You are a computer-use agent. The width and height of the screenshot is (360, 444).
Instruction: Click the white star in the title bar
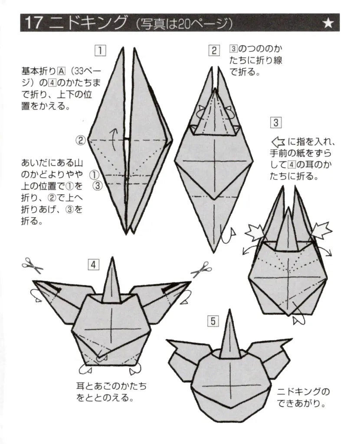pyautogui.click(x=328, y=23)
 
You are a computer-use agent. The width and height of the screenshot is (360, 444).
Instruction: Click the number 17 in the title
pyautogui.click(x=34, y=23)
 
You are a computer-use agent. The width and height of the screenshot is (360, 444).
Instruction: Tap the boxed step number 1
pyautogui.click(x=100, y=51)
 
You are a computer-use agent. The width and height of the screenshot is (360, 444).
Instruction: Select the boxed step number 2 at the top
pyautogui.click(x=214, y=50)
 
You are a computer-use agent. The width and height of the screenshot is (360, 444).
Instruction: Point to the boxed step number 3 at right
pyautogui.click(x=275, y=123)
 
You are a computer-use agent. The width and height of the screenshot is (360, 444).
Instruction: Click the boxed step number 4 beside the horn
pyautogui.click(x=93, y=264)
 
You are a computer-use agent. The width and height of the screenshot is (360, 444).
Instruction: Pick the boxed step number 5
pyautogui.click(x=213, y=321)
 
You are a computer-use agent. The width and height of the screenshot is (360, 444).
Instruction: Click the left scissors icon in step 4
pyautogui.click(x=33, y=265)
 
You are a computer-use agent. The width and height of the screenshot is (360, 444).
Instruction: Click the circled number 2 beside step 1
pyautogui.click(x=81, y=140)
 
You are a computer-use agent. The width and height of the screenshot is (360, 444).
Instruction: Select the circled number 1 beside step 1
pyautogui.click(x=93, y=175)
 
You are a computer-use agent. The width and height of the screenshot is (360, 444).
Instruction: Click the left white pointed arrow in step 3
pyautogui.click(x=255, y=233)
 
